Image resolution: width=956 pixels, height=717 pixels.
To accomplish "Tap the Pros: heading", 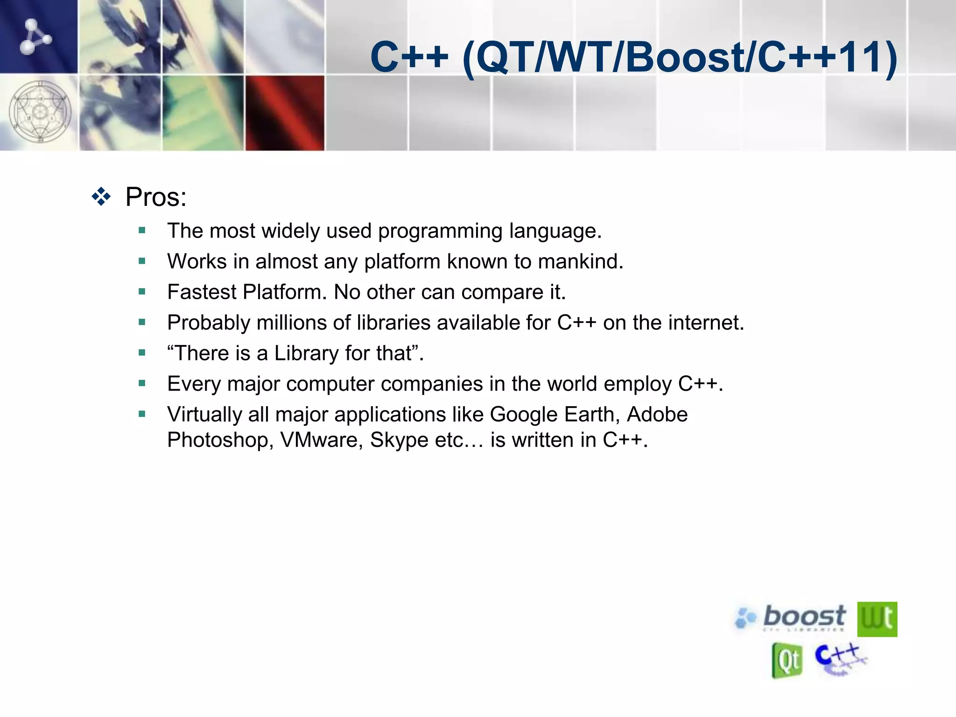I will [156, 197].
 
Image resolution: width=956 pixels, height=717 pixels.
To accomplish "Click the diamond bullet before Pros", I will [101, 197].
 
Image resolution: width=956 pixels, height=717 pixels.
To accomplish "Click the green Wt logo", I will [877, 619].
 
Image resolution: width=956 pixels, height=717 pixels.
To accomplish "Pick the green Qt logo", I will [787, 660].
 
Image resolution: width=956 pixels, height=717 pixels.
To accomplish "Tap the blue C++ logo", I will [839, 658].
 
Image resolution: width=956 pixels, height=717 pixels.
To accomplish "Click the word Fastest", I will [202, 292].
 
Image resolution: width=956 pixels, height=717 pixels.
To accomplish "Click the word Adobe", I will [657, 415].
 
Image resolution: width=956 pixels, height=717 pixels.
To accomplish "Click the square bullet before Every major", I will [142, 384].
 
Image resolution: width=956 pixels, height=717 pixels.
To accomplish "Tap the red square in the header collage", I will [284, 113].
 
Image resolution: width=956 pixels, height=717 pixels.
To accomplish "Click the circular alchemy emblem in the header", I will [40, 112].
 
